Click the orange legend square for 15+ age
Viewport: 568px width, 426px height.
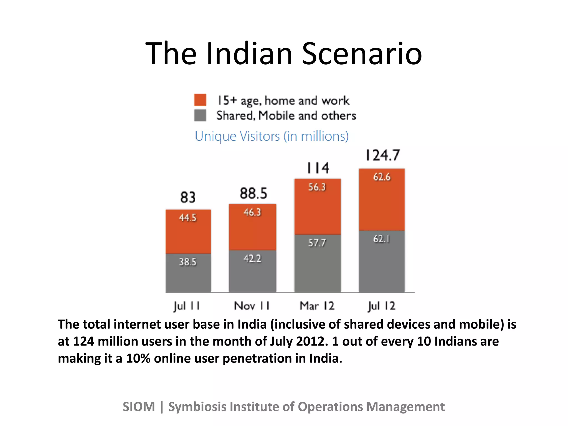200,100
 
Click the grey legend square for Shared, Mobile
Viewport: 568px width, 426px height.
200,115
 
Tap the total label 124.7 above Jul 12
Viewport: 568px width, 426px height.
383,155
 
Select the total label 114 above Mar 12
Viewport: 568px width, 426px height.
318,168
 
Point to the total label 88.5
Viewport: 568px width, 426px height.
253,193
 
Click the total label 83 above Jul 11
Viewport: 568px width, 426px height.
188,197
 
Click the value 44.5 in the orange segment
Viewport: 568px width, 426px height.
188,217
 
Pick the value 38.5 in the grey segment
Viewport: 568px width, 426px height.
188,262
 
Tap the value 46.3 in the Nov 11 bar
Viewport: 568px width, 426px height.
252,212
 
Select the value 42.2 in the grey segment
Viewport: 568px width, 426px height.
252,259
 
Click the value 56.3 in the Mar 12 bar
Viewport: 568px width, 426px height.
317,187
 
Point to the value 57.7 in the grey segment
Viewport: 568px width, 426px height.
317,243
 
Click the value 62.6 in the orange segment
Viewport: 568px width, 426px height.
382,177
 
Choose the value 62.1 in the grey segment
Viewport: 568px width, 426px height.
382,239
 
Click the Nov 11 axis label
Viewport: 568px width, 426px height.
252,306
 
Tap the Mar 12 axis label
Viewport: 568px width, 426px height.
317,306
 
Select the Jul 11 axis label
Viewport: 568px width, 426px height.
187,306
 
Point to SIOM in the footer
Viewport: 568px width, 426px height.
139,407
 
